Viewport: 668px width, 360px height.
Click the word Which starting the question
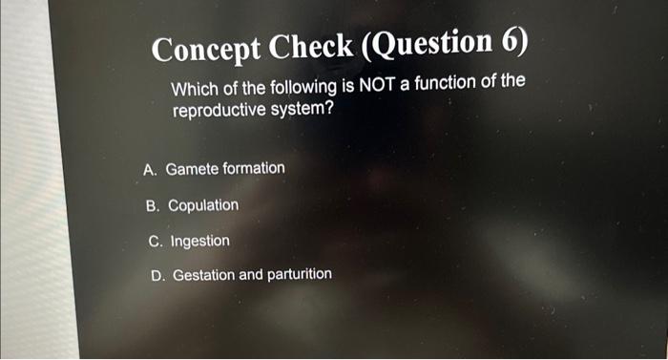tap(192, 90)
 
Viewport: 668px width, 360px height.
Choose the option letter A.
tap(149, 170)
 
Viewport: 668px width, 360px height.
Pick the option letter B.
tap(152, 205)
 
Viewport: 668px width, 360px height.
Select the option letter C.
tap(155, 241)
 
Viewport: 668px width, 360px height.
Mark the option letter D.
tap(158, 276)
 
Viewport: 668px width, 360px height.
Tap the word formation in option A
tap(253, 169)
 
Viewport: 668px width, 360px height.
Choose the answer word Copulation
tap(203, 205)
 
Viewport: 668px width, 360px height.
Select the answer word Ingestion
tap(199, 241)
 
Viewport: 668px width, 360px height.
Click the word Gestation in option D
tap(203, 275)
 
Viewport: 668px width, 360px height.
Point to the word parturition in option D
tap(299, 274)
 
